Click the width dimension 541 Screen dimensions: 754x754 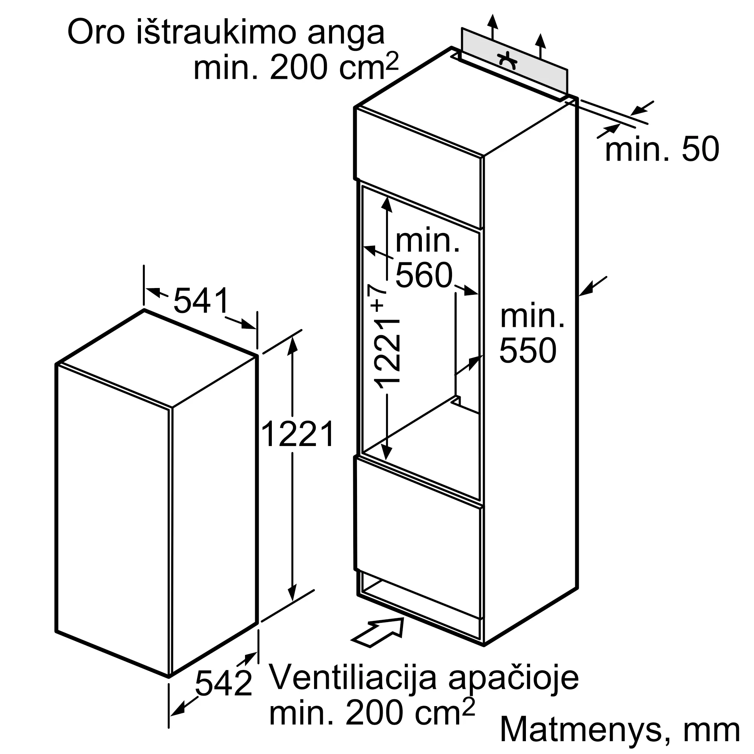pyautogui.click(x=201, y=301)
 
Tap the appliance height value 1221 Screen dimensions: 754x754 pyautogui.click(x=297, y=434)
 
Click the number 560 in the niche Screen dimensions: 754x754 pyautogui.click(x=424, y=276)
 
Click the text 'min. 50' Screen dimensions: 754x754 pyautogui.click(x=662, y=149)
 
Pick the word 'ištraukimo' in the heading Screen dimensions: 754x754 pyautogui.click(x=215, y=33)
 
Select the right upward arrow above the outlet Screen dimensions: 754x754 pyautogui.click(x=540, y=44)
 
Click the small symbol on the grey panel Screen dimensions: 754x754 pyautogui.click(x=508, y=60)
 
